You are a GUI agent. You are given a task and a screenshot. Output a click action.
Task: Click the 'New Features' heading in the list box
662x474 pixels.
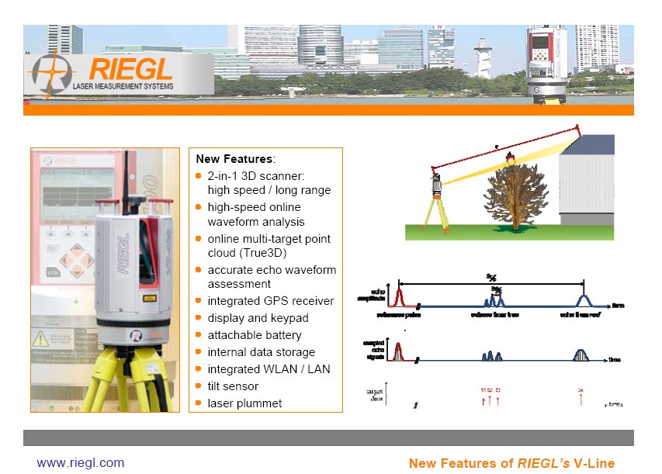pyautogui.click(x=234, y=159)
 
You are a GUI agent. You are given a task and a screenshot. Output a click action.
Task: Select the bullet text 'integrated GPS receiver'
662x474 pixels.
pyautogui.click(x=270, y=301)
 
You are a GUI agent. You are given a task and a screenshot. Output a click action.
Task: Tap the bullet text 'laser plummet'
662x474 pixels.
pyautogui.click(x=244, y=403)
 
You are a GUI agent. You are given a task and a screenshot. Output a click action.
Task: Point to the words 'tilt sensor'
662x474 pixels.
pyautogui.click(x=233, y=386)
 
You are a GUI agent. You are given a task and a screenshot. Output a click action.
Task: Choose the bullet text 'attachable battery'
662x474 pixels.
pyautogui.click(x=255, y=335)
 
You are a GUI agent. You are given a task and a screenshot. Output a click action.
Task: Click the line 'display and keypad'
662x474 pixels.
pyautogui.click(x=258, y=318)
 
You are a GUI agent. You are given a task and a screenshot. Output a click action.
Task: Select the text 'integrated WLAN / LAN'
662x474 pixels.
pyautogui.click(x=269, y=369)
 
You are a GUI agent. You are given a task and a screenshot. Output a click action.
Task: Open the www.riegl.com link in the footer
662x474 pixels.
pyautogui.click(x=81, y=463)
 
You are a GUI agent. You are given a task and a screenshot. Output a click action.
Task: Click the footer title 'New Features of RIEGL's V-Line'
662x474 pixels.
pyautogui.click(x=511, y=463)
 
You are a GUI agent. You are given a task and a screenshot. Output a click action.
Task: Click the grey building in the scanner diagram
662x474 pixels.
pyautogui.click(x=587, y=186)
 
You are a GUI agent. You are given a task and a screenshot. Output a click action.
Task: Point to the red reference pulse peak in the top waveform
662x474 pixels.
pyautogui.click(x=398, y=296)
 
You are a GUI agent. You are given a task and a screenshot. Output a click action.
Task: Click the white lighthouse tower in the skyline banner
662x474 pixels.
pyautogui.click(x=484, y=58)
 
